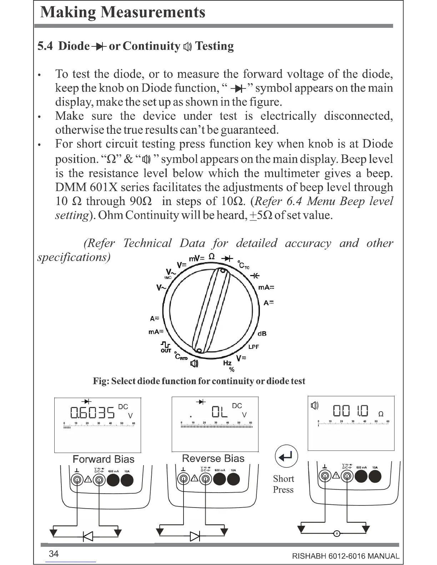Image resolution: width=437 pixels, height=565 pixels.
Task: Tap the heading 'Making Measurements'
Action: coord(123,12)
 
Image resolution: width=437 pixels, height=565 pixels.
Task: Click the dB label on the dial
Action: coord(262,334)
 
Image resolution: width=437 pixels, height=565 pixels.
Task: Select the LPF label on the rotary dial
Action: coord(253,347)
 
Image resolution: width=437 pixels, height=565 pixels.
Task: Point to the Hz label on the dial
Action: coord(227,363)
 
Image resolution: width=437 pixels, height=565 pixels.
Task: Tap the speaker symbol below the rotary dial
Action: coord(194,363)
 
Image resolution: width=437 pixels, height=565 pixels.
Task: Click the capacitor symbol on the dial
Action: coord(255,276)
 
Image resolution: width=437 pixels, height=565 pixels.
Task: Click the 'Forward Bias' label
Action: coord(104,459)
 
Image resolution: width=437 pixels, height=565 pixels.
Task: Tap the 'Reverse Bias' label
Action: coord(213,458)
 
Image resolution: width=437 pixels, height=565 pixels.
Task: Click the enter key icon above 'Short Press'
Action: coord(286,456)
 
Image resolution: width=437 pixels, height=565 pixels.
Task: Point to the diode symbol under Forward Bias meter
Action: coord(87,536)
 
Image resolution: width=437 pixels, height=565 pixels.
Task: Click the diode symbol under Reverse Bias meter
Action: coord(195,536)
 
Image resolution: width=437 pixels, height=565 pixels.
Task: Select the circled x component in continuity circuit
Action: coord(337,534)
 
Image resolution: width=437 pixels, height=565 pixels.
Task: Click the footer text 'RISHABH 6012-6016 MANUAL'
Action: coord(346,556)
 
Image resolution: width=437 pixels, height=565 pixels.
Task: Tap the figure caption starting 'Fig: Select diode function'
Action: coord(199,381)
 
